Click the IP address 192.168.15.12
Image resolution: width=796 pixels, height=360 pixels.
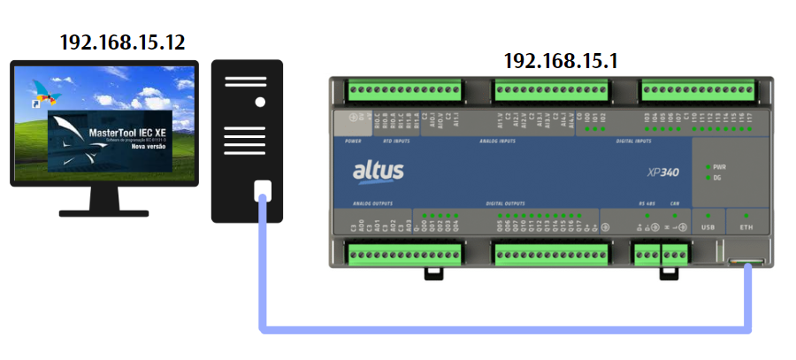[x=124, y=41]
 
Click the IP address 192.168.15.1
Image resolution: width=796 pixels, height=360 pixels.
[x=561, y=61]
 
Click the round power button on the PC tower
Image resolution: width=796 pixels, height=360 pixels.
[x=260, y=102]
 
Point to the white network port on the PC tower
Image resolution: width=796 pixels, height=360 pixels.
[x=263, y=190]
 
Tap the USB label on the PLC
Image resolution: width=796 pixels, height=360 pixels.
[x=708, y=227]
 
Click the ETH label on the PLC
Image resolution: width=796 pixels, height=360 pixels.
[x=746, y=227]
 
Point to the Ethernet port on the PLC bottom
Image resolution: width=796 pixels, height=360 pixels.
[x=748, y=261]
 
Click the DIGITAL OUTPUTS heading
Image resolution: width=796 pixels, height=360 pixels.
[x=506, y=203]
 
